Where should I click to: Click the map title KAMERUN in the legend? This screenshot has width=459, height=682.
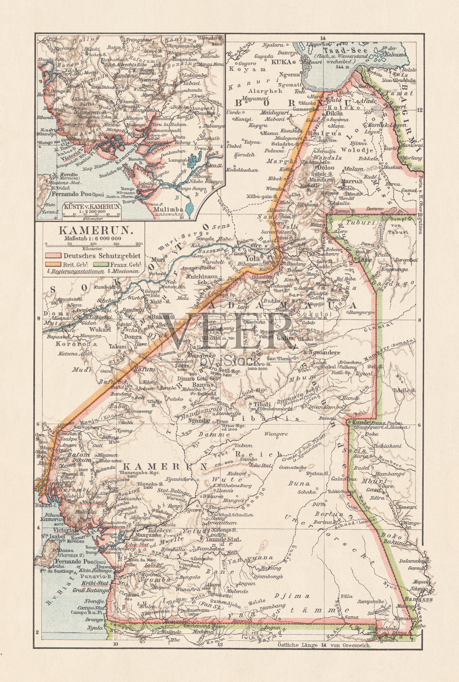pos(95,231)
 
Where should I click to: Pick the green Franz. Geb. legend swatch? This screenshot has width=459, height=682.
pos(100,264)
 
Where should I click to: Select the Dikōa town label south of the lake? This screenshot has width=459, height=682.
pos(334,113)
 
